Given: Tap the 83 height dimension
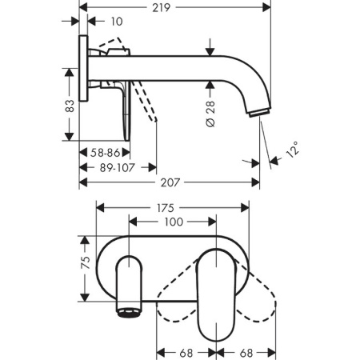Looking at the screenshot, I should [70, 104].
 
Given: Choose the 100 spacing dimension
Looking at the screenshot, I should [173, 222].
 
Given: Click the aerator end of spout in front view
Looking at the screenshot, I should [128, 308].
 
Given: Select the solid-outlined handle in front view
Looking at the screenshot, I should [214, 292].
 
